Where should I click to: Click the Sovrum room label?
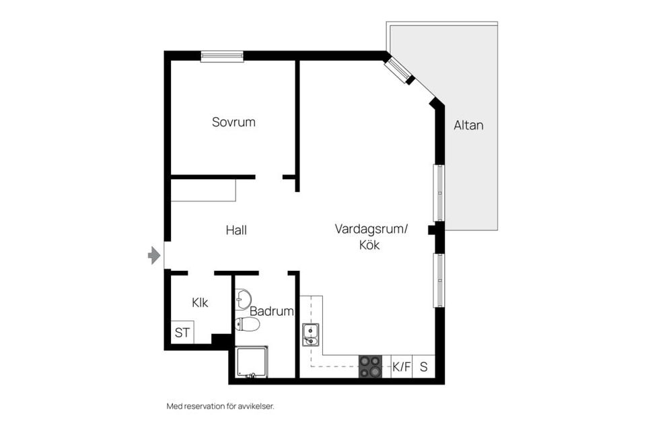[234, 123]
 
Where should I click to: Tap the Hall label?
[236, 230]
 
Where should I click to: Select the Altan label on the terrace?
[468, 125]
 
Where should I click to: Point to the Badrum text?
[272, 312]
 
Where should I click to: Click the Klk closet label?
[200, 303]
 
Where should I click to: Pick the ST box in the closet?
[182, 332]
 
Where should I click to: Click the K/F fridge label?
[402, 367]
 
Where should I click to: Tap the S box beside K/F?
[424, 367]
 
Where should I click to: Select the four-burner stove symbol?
[370, 367]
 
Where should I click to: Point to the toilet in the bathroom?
[248, 325]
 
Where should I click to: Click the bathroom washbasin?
[244, 298]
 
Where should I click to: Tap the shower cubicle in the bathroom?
[251, 362]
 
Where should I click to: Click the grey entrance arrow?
[155, 255]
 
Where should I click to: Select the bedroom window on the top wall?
[222, 57]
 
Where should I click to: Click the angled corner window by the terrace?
[399, 69]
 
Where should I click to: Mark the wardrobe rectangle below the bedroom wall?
[203, 191]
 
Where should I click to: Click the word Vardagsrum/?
[371, 230]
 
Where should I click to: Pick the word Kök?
[369, 246]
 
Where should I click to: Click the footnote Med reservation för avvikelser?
[221, 406]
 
